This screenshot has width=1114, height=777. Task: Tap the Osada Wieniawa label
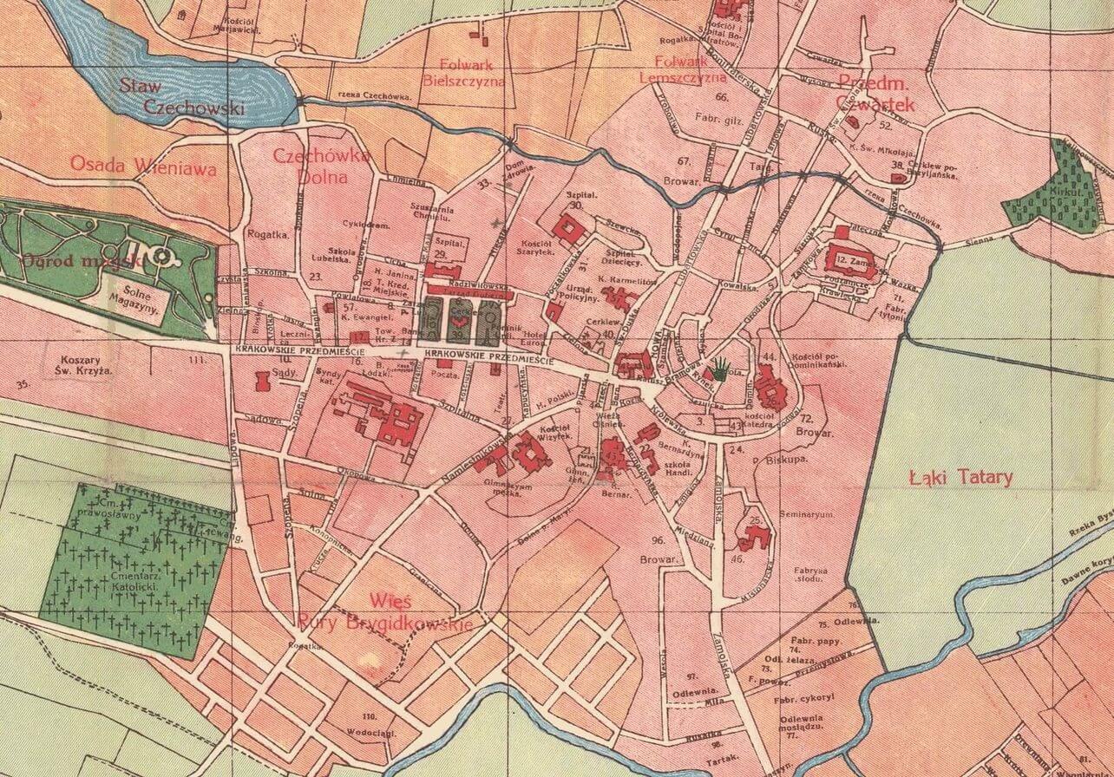[x=143, y=166]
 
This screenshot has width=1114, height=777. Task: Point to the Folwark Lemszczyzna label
[x=692, y=69]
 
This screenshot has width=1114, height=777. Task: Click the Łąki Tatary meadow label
[x=960, y=477]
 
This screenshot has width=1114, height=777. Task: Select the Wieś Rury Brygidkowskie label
[x=385, y=611]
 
